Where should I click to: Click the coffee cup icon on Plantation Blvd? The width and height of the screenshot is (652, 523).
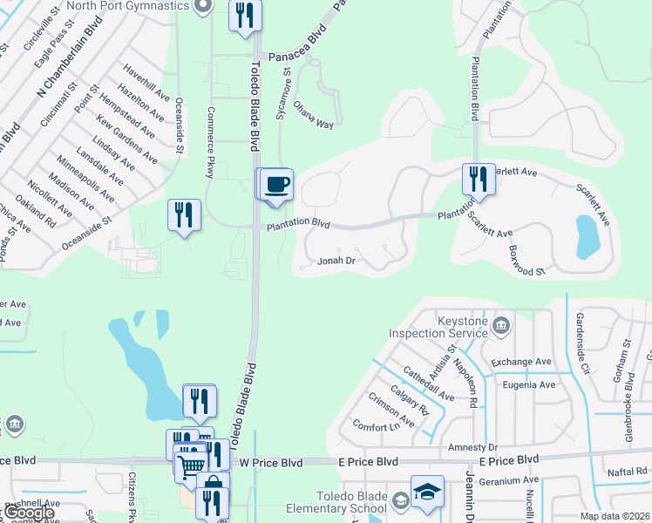click(277, 185)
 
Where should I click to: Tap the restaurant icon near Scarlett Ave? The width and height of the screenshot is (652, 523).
click(479, 180)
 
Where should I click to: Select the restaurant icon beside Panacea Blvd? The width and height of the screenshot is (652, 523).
click(245, 16)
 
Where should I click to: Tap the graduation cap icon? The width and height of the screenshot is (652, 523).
click(427, 492)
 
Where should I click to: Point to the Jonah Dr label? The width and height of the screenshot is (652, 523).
click(336, 261)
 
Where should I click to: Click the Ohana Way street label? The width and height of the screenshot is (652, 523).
click(313, 124)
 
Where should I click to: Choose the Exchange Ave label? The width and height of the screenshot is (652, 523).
click(521, 362)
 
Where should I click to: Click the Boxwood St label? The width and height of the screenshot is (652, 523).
click(526, 261)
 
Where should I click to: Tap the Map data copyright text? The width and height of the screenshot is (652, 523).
click(615, 516)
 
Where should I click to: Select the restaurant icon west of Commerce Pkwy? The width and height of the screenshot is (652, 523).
click(184, 214)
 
